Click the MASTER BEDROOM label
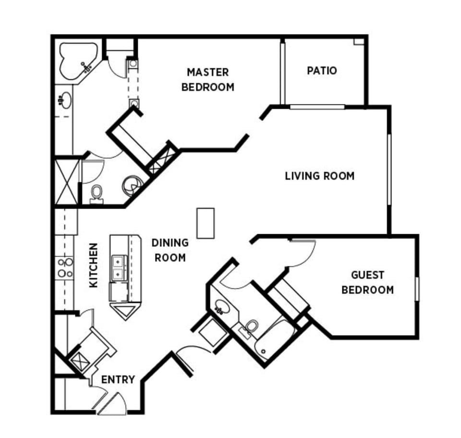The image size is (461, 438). tap(207, 79)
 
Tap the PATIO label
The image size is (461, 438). tap(322, 71)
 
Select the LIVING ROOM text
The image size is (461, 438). tap(319, 175)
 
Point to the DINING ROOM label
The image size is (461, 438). tap(170, 250)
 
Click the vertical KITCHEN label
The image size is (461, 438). tap(93, 265)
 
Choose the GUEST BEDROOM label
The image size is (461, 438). tap(367, 282)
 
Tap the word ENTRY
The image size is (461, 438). tap(118, 380)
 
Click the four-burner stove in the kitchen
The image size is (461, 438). tap(65, 267)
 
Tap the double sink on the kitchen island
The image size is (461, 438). tap(118, 268)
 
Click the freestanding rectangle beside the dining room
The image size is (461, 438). tap(206, 223)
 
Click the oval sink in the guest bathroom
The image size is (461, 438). tap(221, 306)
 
